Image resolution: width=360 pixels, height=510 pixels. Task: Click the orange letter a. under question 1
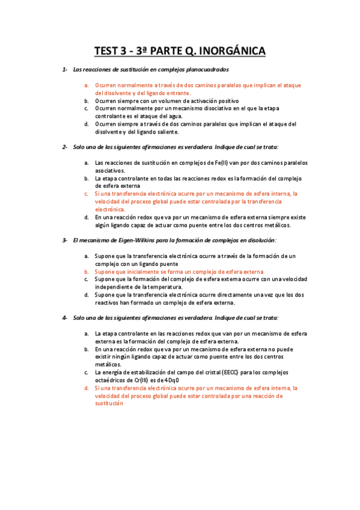coord(87,85)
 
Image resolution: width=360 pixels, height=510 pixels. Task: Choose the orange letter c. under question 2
coord(87,194)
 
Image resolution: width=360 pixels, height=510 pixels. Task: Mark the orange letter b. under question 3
coord(87,272)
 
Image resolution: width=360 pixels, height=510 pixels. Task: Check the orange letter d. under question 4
coord(87,388)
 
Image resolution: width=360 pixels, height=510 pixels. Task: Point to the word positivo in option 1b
coord(227,101)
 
